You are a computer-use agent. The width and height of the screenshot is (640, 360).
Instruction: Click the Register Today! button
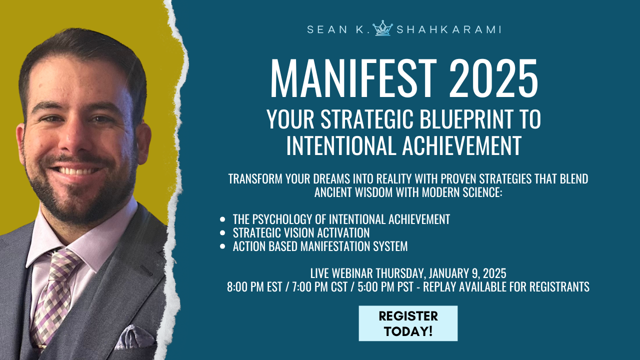(408, 323)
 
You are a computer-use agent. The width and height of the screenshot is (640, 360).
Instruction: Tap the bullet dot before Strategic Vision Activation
(222, 233)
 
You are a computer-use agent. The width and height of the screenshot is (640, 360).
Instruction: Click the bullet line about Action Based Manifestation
(320, 246)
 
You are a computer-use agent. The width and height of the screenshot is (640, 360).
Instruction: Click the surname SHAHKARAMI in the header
(448, 29)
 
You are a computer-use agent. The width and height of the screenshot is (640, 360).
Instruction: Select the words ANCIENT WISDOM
(356, 192)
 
